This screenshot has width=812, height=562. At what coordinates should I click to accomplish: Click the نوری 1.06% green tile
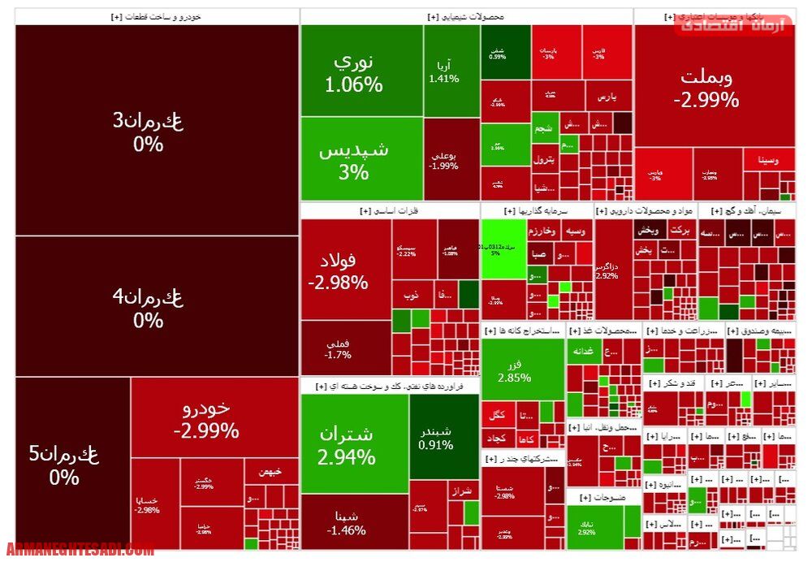361,71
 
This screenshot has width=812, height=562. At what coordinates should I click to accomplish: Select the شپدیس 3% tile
361,159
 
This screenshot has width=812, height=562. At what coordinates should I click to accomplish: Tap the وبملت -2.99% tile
706,87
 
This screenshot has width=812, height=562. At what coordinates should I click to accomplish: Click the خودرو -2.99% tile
206,418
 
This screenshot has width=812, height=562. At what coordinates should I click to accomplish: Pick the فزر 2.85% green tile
522,369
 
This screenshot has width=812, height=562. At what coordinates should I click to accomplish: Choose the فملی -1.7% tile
345,348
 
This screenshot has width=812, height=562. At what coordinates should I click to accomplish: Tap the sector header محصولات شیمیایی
467,16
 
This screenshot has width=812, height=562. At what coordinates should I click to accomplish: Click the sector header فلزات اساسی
390,211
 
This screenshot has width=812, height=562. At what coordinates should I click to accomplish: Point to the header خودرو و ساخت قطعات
157,16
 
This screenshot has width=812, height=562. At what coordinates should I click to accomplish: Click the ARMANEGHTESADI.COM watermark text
80,550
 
